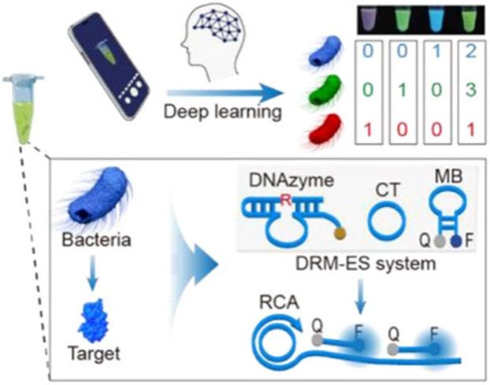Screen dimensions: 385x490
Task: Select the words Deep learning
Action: pyautogui.click(x=223, y=113)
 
